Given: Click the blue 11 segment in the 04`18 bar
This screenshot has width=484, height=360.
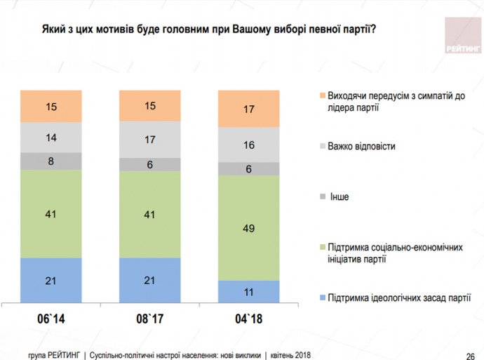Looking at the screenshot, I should [x=249, y=291].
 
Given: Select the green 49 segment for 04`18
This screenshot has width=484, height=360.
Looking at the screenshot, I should [x=249, y=228].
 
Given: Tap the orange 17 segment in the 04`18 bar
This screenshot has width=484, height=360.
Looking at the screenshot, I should [x=249, y=109].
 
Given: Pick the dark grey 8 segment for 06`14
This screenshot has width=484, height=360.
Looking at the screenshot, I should [x=51, y=161].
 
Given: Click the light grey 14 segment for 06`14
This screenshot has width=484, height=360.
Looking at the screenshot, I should [x=51, y=138].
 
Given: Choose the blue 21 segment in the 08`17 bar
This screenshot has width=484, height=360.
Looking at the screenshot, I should [x=150, y=280].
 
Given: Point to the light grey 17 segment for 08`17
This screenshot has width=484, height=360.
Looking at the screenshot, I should [x=150, y=140].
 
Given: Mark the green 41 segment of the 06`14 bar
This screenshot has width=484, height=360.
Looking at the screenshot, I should [x=51, y=213].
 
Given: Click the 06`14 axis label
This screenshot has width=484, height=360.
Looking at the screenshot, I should [x=51, y=319].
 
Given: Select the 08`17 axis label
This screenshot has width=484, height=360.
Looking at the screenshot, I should [x=150, y=319].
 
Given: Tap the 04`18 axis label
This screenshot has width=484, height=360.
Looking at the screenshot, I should [x=249, y=319].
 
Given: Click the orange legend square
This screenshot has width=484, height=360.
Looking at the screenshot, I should [x=321, y=95].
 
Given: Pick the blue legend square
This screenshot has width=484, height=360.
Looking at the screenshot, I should [x=321, y=298].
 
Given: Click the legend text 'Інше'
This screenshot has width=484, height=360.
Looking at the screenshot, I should [x=339, y=196].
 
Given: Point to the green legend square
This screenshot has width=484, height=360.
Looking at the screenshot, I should [x=321, y=247].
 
